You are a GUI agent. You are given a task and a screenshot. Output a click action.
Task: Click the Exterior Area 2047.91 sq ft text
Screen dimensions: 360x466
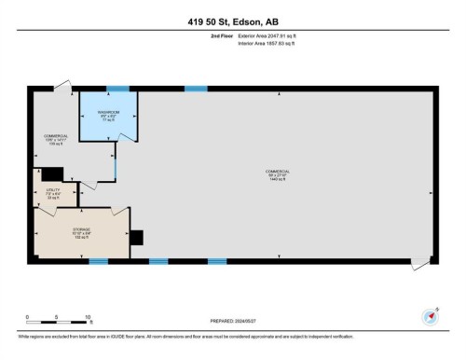point(271,35)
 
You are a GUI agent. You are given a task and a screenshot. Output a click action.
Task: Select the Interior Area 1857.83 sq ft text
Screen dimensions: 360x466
point(271,43)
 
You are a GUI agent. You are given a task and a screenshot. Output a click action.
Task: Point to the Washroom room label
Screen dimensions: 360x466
point(108,117)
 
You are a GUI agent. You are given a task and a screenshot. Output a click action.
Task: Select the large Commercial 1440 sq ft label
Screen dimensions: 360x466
point(278,174)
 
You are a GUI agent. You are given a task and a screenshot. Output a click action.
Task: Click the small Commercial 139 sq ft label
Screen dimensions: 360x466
point(56,140)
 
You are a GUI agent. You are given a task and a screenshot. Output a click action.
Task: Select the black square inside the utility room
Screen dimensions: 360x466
point(52,173)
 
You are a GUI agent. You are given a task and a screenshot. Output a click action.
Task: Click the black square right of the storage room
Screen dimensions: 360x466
point(137,238)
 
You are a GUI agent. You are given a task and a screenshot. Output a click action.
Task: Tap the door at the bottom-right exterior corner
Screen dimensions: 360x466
point(421,263)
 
